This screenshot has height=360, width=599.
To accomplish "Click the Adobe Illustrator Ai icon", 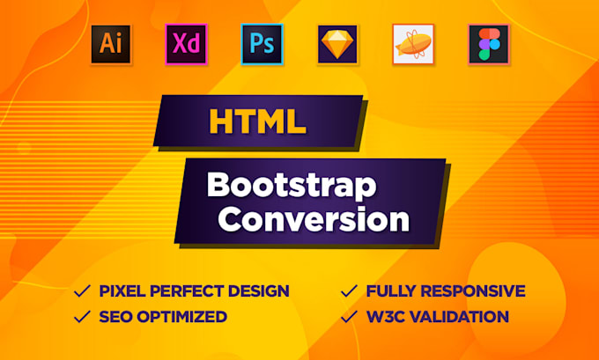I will pyautogui.click(x=111, y=43).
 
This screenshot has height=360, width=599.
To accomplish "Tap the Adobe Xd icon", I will pyautogui.click(x=186, y=43).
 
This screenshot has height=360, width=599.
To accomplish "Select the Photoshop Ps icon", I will pyautogui.click(x=262, y=43).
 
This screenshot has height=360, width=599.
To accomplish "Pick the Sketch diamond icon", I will pyautogui.click(x=337, y=43).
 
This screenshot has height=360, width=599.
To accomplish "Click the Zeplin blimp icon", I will pyautogui.click(x=413, y=43).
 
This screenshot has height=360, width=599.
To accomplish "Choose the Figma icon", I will pyautogui.click(x=488, y=43).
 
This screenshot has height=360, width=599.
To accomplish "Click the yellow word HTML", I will pyautogui.click(x=257, y=122).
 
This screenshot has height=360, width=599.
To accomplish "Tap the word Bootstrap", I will pyautogui.click(x=291, y=186).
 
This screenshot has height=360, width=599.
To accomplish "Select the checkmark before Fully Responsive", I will pyautogui.click(x=349, y=290).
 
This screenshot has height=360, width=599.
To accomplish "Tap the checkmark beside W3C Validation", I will pyautogui.click(x=349, y=316).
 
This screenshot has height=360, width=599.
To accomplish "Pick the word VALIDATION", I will pyautogui.click(x=462, y=317).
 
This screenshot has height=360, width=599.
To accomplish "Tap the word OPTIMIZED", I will pyautogui.click(x=186, y=317).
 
